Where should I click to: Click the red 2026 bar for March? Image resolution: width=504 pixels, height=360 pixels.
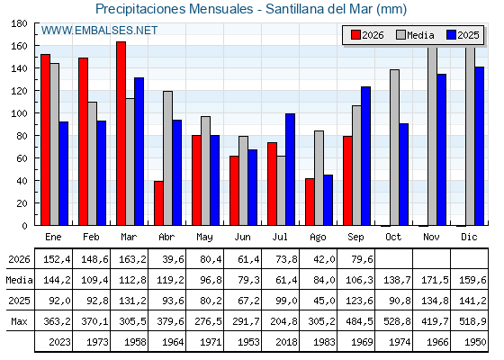coord(121,133)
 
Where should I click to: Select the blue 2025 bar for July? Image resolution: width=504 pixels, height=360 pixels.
coord(290,169)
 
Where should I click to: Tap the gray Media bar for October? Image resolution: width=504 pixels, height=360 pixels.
coord(394,148)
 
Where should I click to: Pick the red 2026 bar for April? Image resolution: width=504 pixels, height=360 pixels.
coord(158,203)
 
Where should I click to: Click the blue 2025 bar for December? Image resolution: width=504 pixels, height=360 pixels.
coord(479,146)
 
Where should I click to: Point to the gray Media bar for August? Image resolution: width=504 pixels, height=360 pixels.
coord(319,178)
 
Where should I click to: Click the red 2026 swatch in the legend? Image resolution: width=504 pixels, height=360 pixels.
coord(355,35)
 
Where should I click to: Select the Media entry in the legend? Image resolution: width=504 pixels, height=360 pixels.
coord(415,35)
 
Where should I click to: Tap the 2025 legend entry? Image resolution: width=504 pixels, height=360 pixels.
coord(463,35)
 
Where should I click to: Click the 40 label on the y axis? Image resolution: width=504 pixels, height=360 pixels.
coord(22,181)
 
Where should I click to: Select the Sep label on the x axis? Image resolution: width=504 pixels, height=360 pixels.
coord(355,238)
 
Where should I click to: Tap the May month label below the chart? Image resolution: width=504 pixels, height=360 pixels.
coord(205,238)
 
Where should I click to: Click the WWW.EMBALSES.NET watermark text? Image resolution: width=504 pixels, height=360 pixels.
coord(99,31)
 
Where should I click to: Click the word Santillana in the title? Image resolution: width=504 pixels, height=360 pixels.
coord(295,9)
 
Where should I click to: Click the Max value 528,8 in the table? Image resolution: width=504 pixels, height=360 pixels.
coord(397,321)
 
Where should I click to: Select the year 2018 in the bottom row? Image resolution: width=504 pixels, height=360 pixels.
coord(286,342)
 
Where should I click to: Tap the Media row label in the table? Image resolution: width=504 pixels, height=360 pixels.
coord(19,280)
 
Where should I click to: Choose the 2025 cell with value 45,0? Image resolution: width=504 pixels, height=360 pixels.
coord(324,301)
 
